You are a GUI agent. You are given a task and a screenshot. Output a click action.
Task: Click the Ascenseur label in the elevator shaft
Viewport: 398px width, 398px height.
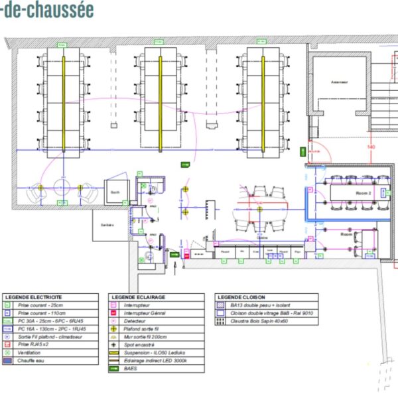(x=340, y=82)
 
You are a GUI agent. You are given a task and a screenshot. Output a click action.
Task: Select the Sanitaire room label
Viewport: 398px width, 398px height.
(x=107, y=225)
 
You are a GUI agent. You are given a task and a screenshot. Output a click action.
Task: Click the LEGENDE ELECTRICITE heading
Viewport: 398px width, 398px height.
(x=33, y=297)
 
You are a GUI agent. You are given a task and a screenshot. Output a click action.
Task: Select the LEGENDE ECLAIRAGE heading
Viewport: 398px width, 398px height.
(x=139, y=297)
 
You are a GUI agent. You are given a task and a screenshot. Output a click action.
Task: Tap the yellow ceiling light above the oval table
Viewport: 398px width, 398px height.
(x=186, y=190)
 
